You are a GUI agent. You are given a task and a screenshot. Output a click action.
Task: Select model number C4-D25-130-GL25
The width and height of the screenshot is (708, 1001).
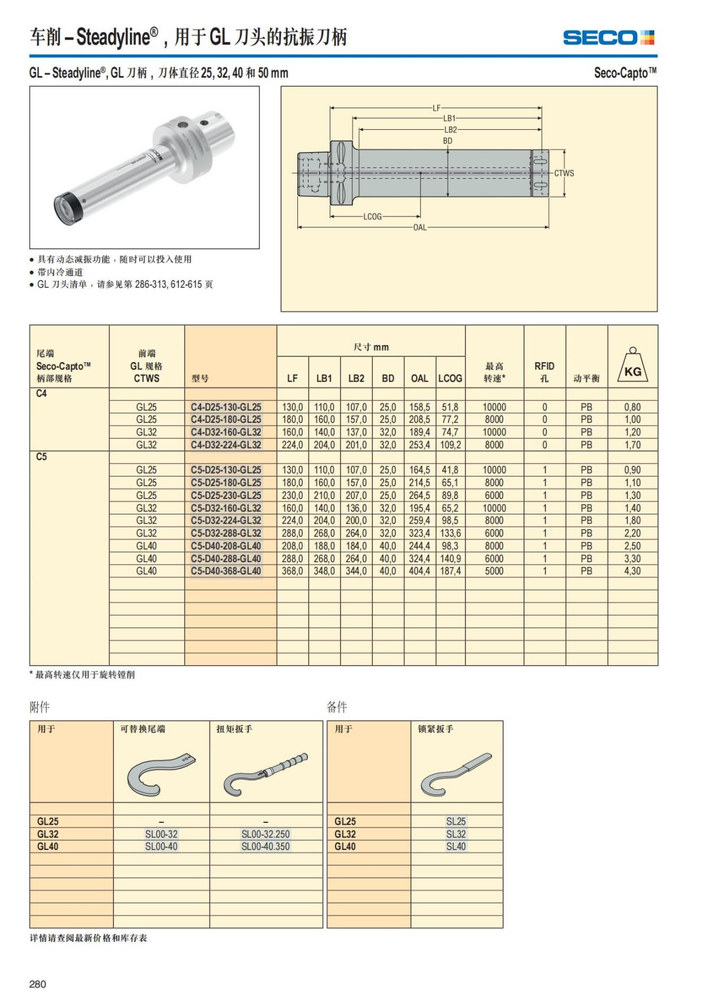point(226,407)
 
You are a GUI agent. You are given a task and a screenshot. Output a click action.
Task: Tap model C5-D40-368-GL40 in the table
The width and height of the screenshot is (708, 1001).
point(226,571)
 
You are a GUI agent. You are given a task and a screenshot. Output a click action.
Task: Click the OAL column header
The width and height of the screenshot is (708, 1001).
point(419,378)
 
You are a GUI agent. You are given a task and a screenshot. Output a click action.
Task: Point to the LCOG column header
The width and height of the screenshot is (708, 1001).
point(450,378)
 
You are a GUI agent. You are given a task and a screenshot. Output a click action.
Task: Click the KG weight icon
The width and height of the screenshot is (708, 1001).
point(632,366)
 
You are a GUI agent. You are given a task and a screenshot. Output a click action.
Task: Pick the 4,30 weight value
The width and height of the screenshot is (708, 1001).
point(632,571)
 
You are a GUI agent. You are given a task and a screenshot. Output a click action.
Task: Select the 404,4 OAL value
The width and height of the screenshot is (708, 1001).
point(419,571)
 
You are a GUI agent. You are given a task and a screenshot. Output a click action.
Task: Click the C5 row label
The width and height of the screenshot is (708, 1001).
point(41,457)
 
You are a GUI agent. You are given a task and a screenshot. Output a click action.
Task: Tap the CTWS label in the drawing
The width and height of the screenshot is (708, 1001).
point(563,173)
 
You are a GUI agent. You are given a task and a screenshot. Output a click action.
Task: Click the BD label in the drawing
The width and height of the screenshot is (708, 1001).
point(448,141)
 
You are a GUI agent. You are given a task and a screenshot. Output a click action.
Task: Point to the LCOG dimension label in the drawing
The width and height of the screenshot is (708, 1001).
point(372,217)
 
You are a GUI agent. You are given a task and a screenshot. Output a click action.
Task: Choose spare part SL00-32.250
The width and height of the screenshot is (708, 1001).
point(265,834)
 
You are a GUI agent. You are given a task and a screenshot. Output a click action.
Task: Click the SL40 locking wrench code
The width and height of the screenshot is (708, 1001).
point(456,846)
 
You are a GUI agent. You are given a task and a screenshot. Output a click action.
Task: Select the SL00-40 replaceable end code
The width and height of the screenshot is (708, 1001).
point(161,846)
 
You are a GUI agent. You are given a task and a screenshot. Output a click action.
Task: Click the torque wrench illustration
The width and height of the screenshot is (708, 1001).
point(265,773)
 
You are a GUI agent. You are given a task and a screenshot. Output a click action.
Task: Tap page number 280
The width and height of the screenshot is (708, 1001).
point(38,984)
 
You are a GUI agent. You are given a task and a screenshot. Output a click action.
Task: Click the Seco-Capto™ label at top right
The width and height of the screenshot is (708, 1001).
point(625,73)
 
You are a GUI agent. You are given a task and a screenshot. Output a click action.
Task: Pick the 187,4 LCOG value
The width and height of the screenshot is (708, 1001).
point(450,571)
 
